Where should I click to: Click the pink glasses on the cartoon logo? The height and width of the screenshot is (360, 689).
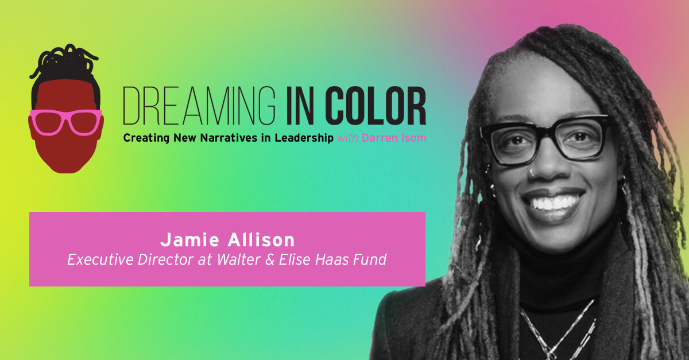tap(66, 122)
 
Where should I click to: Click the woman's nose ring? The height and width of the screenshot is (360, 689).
tap(533, 171)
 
